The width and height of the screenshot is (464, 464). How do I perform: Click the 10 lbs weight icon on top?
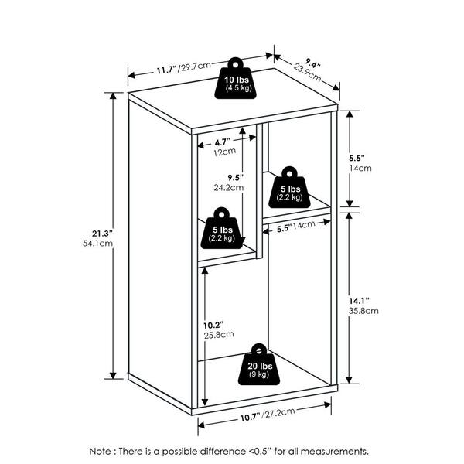point(236,79)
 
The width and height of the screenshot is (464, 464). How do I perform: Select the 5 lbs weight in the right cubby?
point(290,188)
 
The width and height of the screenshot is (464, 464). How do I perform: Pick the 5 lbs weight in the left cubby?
point(223,228)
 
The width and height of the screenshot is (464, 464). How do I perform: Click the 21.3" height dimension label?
point(102,234)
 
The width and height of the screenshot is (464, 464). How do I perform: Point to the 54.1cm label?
point(98,244)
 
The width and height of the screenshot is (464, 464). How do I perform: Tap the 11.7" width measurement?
point(166,70)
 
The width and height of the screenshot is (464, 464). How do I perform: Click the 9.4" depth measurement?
point(312,64)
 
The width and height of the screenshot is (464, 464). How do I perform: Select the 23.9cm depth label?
point(307,73)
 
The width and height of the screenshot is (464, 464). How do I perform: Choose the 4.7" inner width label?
point(222,142)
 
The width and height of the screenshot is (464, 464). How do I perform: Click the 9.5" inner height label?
point(235,178)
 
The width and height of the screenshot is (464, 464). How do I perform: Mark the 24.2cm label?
point(229,188)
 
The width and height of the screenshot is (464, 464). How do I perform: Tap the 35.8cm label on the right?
point(363,311)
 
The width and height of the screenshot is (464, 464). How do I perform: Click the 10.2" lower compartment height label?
point(213,326)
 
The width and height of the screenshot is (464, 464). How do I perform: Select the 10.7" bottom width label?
point(251,418)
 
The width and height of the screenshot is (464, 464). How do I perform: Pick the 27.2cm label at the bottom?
point(280,412)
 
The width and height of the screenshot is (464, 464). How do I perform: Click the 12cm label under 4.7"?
point(225,152)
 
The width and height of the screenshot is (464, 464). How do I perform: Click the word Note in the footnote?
point(101,452)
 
